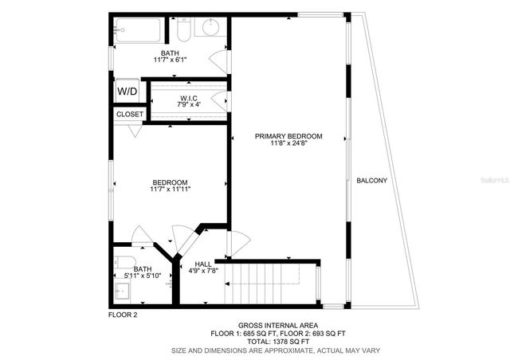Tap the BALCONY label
[372, 180]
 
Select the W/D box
[127, 92]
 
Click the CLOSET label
[130, 114]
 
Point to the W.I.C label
[189, 97]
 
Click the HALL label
[204, 264]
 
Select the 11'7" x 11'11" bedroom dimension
[170, 189]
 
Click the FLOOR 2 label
[123, 315]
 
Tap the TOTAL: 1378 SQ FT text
[278, 342]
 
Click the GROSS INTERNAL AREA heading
[278, 325]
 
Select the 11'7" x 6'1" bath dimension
[170, 60]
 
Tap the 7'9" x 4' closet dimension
[189, 104]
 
